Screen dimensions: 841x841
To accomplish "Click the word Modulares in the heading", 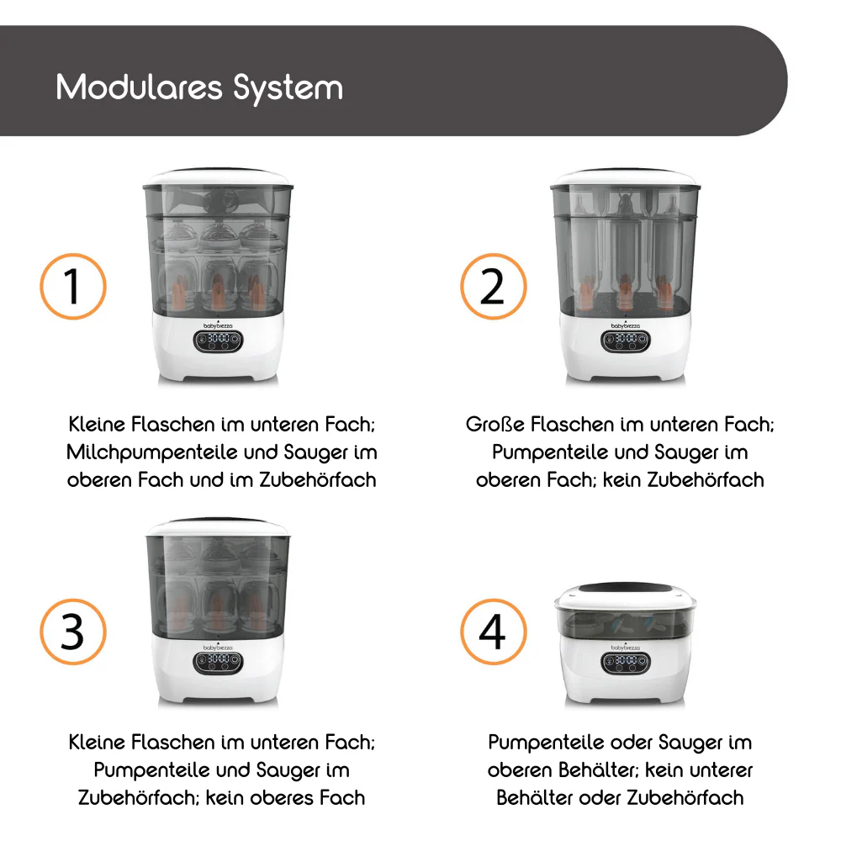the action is (139, 87).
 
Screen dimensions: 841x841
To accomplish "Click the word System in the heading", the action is (288, 88).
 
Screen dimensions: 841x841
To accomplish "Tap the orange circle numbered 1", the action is (73, 287).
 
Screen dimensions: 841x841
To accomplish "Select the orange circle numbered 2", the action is (494, 287).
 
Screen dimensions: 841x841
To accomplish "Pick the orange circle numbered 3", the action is (73, 632).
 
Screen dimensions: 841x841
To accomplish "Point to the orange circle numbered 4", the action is (494, 632).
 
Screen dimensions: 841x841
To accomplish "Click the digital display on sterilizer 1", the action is (219, 341).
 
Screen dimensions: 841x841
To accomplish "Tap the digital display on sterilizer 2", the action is (626, 341).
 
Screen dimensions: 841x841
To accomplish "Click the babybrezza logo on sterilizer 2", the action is (626, 325).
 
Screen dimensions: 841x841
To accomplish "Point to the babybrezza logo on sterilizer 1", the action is (218, 325).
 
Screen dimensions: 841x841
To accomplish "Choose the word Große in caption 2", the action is (495, 424).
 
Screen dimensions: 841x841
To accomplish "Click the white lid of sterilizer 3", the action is (219, 528).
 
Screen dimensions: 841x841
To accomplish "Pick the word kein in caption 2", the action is (622, 480).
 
